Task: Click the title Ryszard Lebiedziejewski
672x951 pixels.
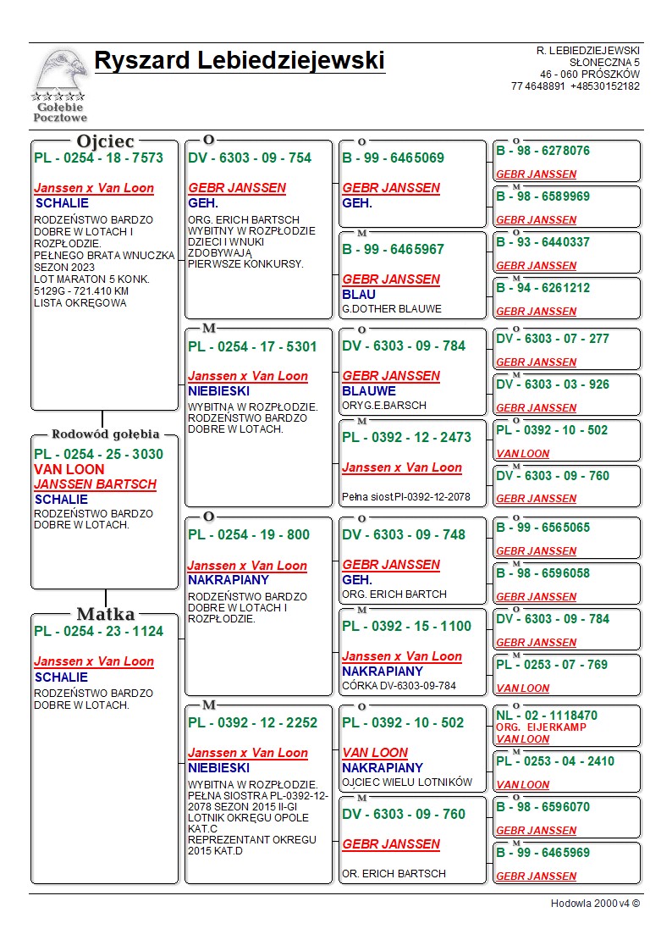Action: [x=240, y=61]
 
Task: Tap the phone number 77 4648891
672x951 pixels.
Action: [x=537, y=86]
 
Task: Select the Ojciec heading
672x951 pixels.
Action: [x=105, y=141]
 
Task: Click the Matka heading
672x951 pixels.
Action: [x=106, y=614]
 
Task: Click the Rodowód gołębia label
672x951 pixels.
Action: [x=106, y=434]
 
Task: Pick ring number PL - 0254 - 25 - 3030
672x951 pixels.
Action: [x=98, y=454]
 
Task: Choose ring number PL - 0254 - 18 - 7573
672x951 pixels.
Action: [x=98, y=158]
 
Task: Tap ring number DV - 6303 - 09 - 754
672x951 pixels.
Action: [x=250, y=158]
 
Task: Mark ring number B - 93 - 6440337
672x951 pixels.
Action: [x=543, y=242]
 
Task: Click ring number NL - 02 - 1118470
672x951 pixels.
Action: [x=547, y=716]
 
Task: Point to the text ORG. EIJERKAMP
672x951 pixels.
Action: [x=541, y=727]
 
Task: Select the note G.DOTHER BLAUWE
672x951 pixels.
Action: [x=392, y=309]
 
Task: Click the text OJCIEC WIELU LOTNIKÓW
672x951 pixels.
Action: [x=407, y=782]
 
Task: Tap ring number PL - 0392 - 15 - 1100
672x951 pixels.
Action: [x=406, y=626]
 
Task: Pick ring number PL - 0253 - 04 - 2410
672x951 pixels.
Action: [x=555, y=761]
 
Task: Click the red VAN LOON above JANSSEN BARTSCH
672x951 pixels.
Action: [x=69, y=469]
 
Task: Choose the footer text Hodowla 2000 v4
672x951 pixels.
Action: [x=595, y=904]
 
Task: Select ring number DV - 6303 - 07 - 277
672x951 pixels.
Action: [x=552, y=339]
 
